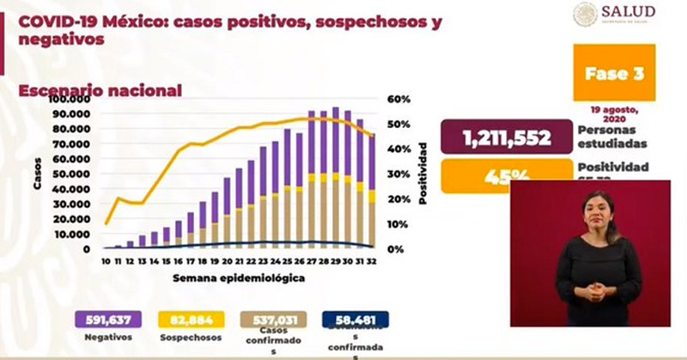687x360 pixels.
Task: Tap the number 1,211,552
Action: [x=507, y=137]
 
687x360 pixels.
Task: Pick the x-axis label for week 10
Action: [x=105, y=261]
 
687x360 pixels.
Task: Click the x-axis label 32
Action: [x=371, y=261]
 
